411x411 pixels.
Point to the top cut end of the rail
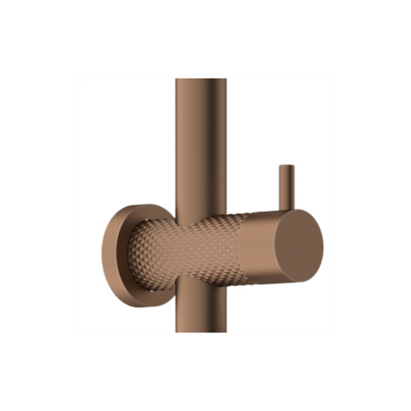pyautogui.click(x=201, y=80)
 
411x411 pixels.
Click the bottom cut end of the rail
pyautogui.click(x=201, y=331)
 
